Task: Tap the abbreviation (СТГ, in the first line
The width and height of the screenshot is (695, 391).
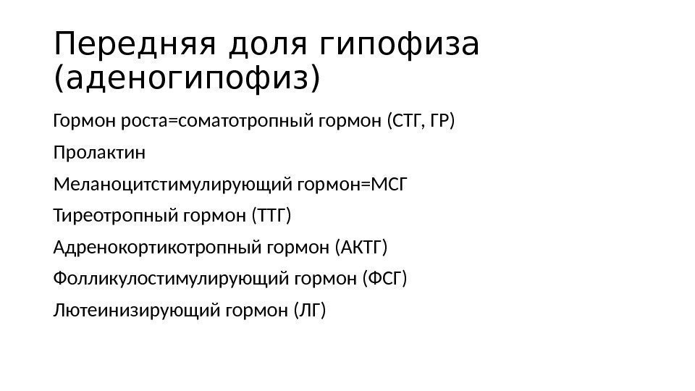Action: click(x=405, y=120)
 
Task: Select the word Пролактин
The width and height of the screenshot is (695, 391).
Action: click(x=99, y=154)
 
